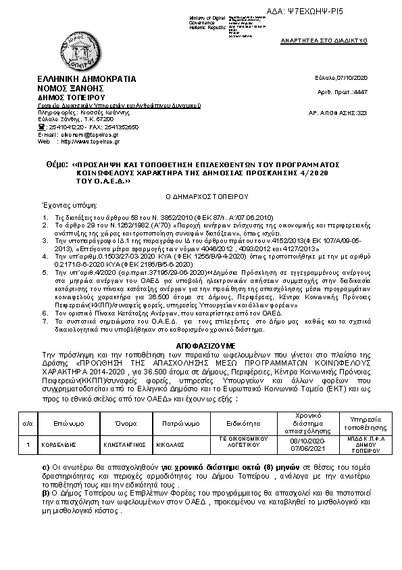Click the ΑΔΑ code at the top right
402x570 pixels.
345,12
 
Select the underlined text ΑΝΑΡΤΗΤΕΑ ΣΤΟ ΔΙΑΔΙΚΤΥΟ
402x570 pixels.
324,41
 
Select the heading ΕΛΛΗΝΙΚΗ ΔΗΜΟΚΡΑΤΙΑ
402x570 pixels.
86,79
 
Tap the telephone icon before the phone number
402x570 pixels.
41,127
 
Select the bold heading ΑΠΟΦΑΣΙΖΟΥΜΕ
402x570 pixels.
201,344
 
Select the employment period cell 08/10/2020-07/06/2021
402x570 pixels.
293,445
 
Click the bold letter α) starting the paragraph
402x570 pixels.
45,467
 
